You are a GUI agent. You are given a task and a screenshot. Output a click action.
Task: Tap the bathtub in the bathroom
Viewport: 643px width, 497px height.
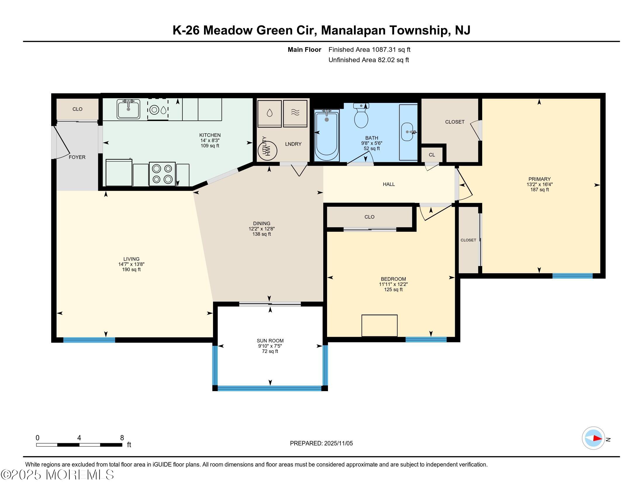click(x=326, y=135)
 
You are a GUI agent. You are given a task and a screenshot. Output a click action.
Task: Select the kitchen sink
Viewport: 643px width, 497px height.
click(x=128, y=109)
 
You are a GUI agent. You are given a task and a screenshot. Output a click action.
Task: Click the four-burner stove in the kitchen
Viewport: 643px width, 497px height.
click(x=162, y=174)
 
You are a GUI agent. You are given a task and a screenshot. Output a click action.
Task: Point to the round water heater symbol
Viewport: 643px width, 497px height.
click(x=267, y=151)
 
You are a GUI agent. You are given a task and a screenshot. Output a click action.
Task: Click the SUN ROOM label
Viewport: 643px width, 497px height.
click(x=270, y=341)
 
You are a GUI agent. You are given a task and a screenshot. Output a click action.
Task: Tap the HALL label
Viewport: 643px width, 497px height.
click(x=389, y=184)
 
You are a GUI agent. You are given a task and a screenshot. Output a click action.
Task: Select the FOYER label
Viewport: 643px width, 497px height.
click(x=77, y=157)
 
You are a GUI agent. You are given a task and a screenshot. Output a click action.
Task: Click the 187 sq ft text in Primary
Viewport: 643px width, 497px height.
click(x=539, y=190)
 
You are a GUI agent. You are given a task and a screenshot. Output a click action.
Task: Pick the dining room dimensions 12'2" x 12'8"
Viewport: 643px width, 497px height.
click(x=262, y=229)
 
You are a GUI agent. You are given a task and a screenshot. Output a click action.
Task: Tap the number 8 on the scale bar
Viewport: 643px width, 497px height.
click(x=122, y=438)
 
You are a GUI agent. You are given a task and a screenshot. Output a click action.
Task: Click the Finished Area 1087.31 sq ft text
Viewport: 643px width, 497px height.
click(x=369, y=50)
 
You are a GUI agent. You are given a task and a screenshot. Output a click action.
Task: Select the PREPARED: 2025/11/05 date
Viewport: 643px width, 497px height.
click(x=321, y=443)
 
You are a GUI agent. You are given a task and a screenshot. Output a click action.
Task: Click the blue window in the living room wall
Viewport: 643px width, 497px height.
click(x=89, y=340)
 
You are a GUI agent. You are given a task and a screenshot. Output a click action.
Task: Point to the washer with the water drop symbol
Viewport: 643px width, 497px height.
click(x=269, y=113)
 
